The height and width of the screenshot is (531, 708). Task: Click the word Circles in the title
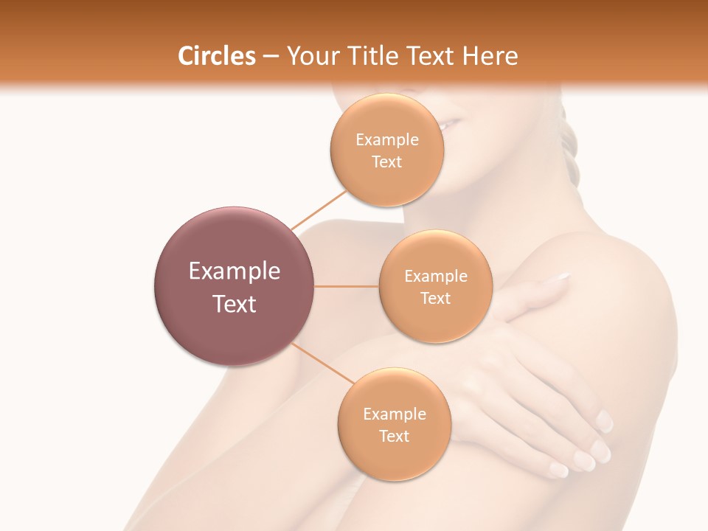click(216, 56)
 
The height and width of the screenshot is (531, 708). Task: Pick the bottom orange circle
click(394, 457)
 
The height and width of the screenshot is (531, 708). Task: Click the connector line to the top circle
click(318, 209)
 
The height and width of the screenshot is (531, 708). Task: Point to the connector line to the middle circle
click(347, 286)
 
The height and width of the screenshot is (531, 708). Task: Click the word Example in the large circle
click(234, 271)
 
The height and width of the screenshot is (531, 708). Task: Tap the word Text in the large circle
click(234, 304)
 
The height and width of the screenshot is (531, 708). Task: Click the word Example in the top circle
click(386, 140)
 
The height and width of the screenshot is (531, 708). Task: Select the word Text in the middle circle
click(435, 299)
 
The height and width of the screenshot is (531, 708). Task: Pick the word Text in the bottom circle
click(394, 437)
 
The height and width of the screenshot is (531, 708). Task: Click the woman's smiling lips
click(451, 125)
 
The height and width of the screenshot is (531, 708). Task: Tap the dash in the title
click(270, 56)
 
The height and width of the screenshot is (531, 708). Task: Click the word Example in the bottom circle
click(394, 414)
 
